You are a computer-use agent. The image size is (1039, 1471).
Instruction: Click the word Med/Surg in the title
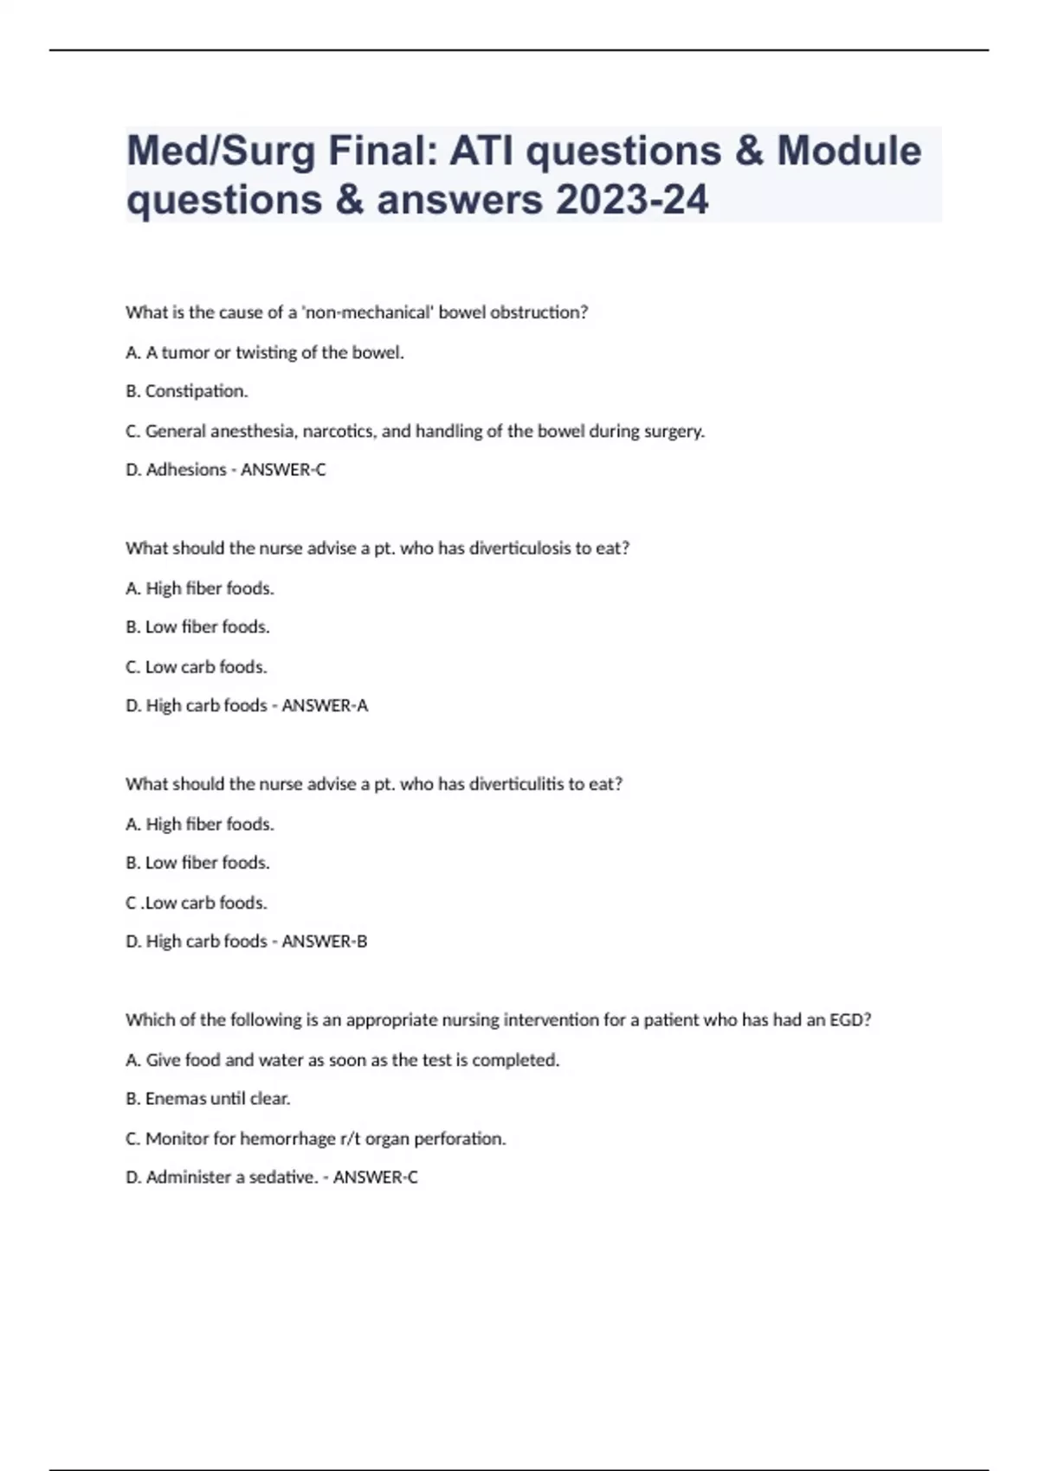coord(221,151)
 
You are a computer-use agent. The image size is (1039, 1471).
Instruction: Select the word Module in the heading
coord(849,151)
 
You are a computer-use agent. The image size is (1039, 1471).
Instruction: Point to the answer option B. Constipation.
coord(187,391)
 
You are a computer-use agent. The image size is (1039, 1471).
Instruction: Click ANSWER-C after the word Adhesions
coord(283,470)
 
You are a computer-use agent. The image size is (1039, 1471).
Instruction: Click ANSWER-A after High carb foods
coord(325,706)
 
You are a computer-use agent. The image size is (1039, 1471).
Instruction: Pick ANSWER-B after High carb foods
coord(325,941)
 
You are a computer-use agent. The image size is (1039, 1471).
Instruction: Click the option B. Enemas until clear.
coord(208,1099)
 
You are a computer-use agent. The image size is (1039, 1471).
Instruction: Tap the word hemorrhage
coord(287,1139)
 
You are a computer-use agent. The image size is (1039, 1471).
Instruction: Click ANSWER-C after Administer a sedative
coord(376,1178)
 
